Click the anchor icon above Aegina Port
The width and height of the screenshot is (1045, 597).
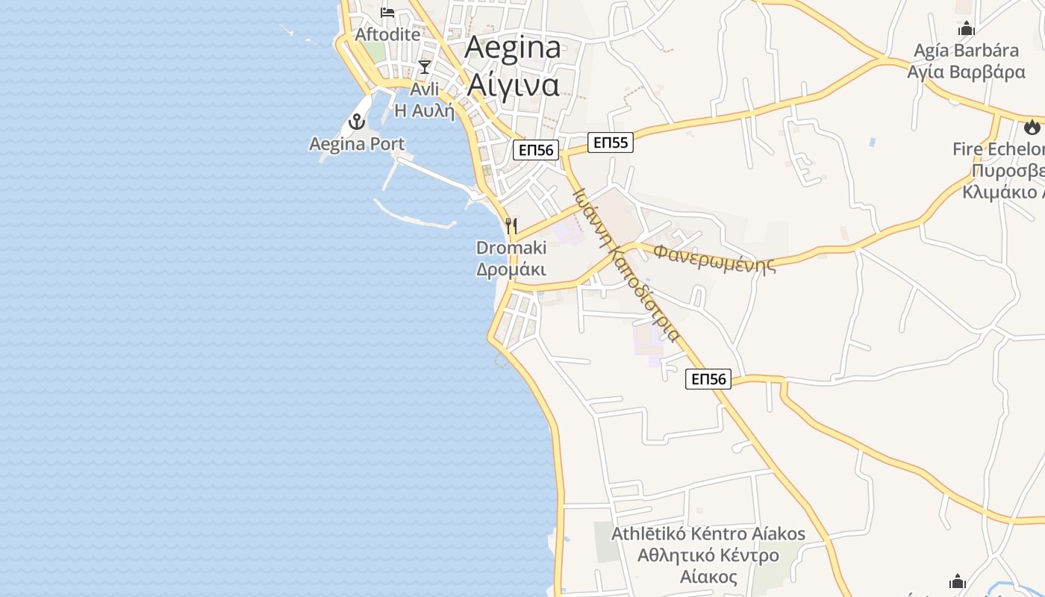click(358, 122)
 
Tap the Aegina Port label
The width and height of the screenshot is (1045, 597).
click(357, 144)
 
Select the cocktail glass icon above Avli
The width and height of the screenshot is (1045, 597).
click(425, 67)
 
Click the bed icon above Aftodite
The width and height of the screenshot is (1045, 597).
click(387, 13)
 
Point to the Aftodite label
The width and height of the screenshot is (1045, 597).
click(387, 34)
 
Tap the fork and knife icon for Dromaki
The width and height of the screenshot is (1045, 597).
click(511, 225)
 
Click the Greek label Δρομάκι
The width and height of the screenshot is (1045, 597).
click(511, 269)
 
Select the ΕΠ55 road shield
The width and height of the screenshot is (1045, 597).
click(611, 142)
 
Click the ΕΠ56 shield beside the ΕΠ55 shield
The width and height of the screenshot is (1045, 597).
click(536, 150)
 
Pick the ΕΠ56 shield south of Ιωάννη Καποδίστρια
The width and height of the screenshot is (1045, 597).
click(708, 379)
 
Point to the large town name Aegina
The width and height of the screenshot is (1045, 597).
click(513, 48)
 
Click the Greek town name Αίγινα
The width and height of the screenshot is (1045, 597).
click(513, 84)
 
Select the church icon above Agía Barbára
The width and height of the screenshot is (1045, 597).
click(967, 29)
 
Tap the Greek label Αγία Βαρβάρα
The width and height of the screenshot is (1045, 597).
click(966, 72)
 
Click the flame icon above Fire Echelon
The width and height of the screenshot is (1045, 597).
click(1032, 127)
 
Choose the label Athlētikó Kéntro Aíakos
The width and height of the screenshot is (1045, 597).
click(708, 534)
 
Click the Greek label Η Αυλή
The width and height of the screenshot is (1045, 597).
click(424, 111)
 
